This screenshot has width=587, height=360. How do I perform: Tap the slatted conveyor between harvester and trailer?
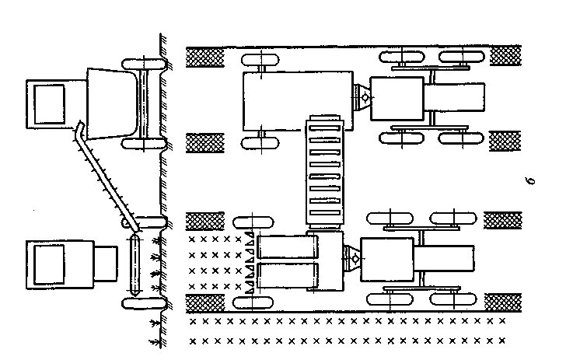tap(324, 174)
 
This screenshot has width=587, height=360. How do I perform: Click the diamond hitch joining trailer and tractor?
tap(359, 98)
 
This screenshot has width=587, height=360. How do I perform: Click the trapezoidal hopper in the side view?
tap(109, 103)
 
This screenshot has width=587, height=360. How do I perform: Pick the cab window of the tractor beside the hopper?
tap(48, 101)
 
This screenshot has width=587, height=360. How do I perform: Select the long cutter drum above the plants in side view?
tap(134, 264)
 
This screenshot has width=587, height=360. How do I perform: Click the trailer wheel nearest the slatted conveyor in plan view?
tap(260, 142)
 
